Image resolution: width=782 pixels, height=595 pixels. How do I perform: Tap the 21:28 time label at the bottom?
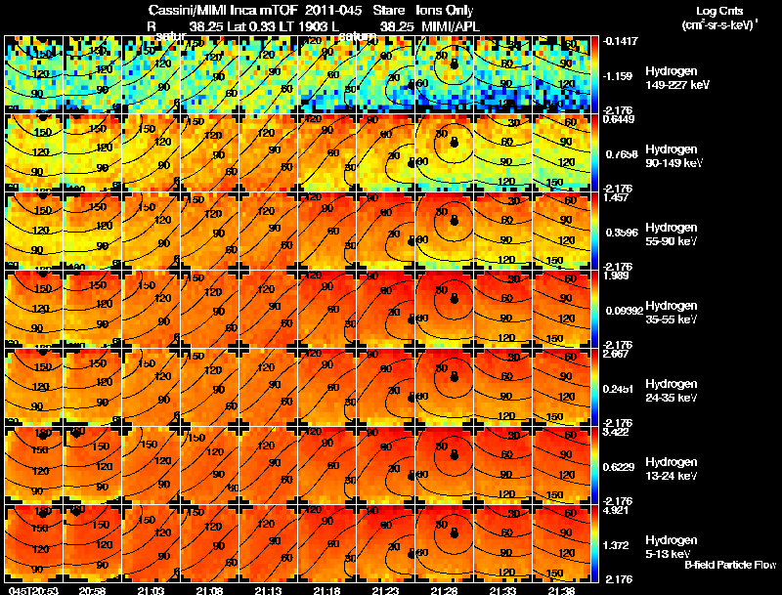[x=445, y=590]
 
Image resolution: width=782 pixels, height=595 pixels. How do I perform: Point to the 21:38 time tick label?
[x=562, y=590]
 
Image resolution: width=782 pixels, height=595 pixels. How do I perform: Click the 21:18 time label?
[x=326, y=590]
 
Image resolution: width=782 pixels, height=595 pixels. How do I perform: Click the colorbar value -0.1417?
[x=618, y=41]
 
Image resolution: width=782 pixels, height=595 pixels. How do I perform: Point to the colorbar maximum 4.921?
[x=618, y=510]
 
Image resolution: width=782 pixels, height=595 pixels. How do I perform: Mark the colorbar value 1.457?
[x=618, y=197]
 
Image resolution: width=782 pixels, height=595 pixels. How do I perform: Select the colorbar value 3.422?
[x=618, y=432]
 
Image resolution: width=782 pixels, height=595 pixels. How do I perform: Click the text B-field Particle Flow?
[x=729, y=566]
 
